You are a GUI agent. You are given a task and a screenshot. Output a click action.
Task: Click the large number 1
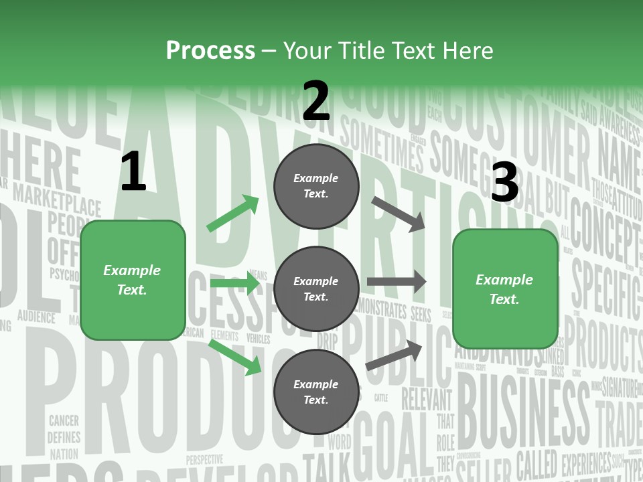click(x=133, y=173)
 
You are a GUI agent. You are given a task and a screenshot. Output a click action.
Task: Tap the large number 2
click(x=316, y=102)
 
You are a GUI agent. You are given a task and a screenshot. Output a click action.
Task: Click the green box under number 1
click(x=133, y=280)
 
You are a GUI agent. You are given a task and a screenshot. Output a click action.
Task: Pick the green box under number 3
click(x=505, y=289)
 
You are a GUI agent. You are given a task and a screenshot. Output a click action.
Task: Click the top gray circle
click(x=316, y=186)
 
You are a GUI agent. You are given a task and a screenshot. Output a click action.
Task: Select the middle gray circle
click(x=316, y=289)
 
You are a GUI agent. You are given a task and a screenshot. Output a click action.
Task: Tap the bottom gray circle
click(x=316, y=392)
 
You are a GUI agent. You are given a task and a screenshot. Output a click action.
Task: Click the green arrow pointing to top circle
click(x=233, y=214)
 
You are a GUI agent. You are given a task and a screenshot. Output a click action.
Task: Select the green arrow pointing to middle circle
click(x=234, y=284)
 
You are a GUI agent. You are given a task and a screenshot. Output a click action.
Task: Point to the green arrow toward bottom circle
click(x=235, y=356)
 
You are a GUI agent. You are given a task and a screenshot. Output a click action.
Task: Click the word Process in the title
click(x=210, y=50)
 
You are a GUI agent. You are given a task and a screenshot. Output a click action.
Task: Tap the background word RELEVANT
click(x=427, y=399)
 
